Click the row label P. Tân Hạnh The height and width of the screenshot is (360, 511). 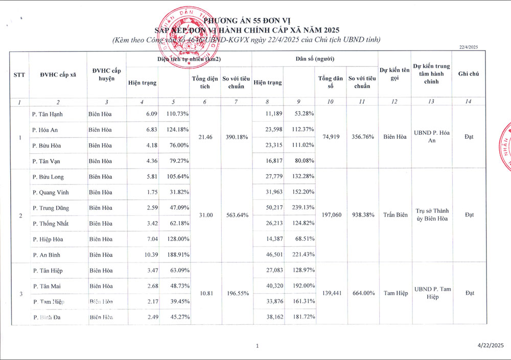click(48, 114)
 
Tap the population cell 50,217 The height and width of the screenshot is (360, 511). click(272, 208)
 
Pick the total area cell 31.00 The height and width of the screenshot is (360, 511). click(206, 215)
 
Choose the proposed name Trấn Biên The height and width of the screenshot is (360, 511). click(394, 215)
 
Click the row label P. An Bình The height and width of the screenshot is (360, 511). click(48, 255)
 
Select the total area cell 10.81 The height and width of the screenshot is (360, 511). click(206, 294)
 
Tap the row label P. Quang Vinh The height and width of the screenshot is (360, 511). click(51, 193)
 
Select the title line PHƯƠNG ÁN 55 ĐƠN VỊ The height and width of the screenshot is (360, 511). click(247, 20)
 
